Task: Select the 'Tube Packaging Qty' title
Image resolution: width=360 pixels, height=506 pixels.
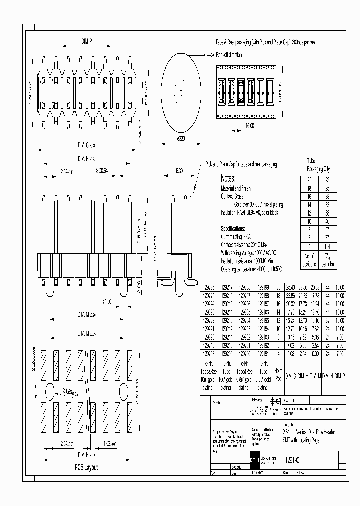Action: point(318,165)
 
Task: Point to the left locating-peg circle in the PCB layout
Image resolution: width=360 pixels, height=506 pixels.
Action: point(50,390)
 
